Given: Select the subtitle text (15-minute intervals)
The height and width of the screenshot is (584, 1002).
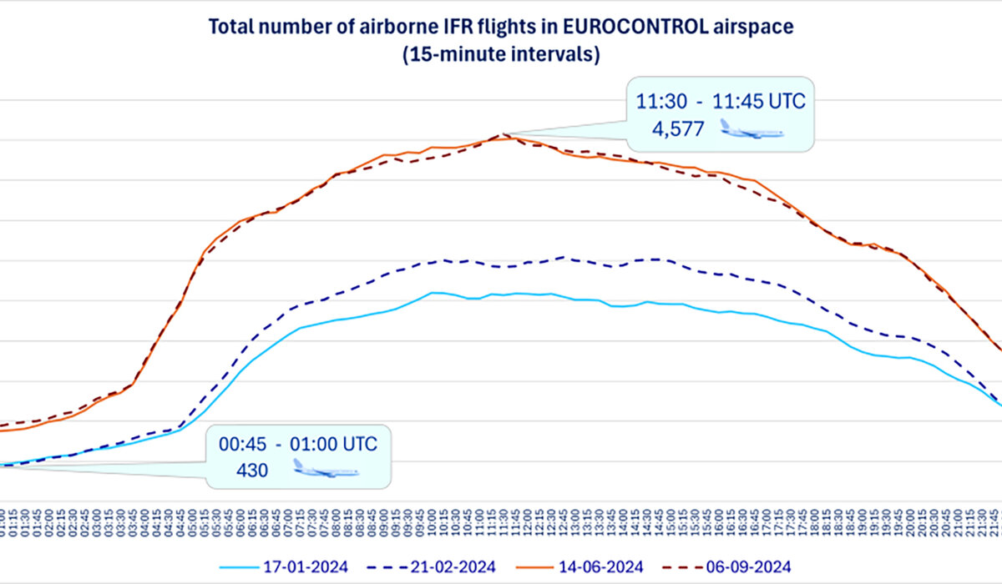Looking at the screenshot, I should tap(500, 56).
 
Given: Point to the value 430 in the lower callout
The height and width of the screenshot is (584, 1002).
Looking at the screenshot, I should tap(251, 470).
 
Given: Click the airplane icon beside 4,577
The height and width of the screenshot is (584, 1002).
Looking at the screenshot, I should tap(751, 129).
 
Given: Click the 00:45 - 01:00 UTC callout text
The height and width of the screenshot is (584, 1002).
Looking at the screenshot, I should tap(298, 443).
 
